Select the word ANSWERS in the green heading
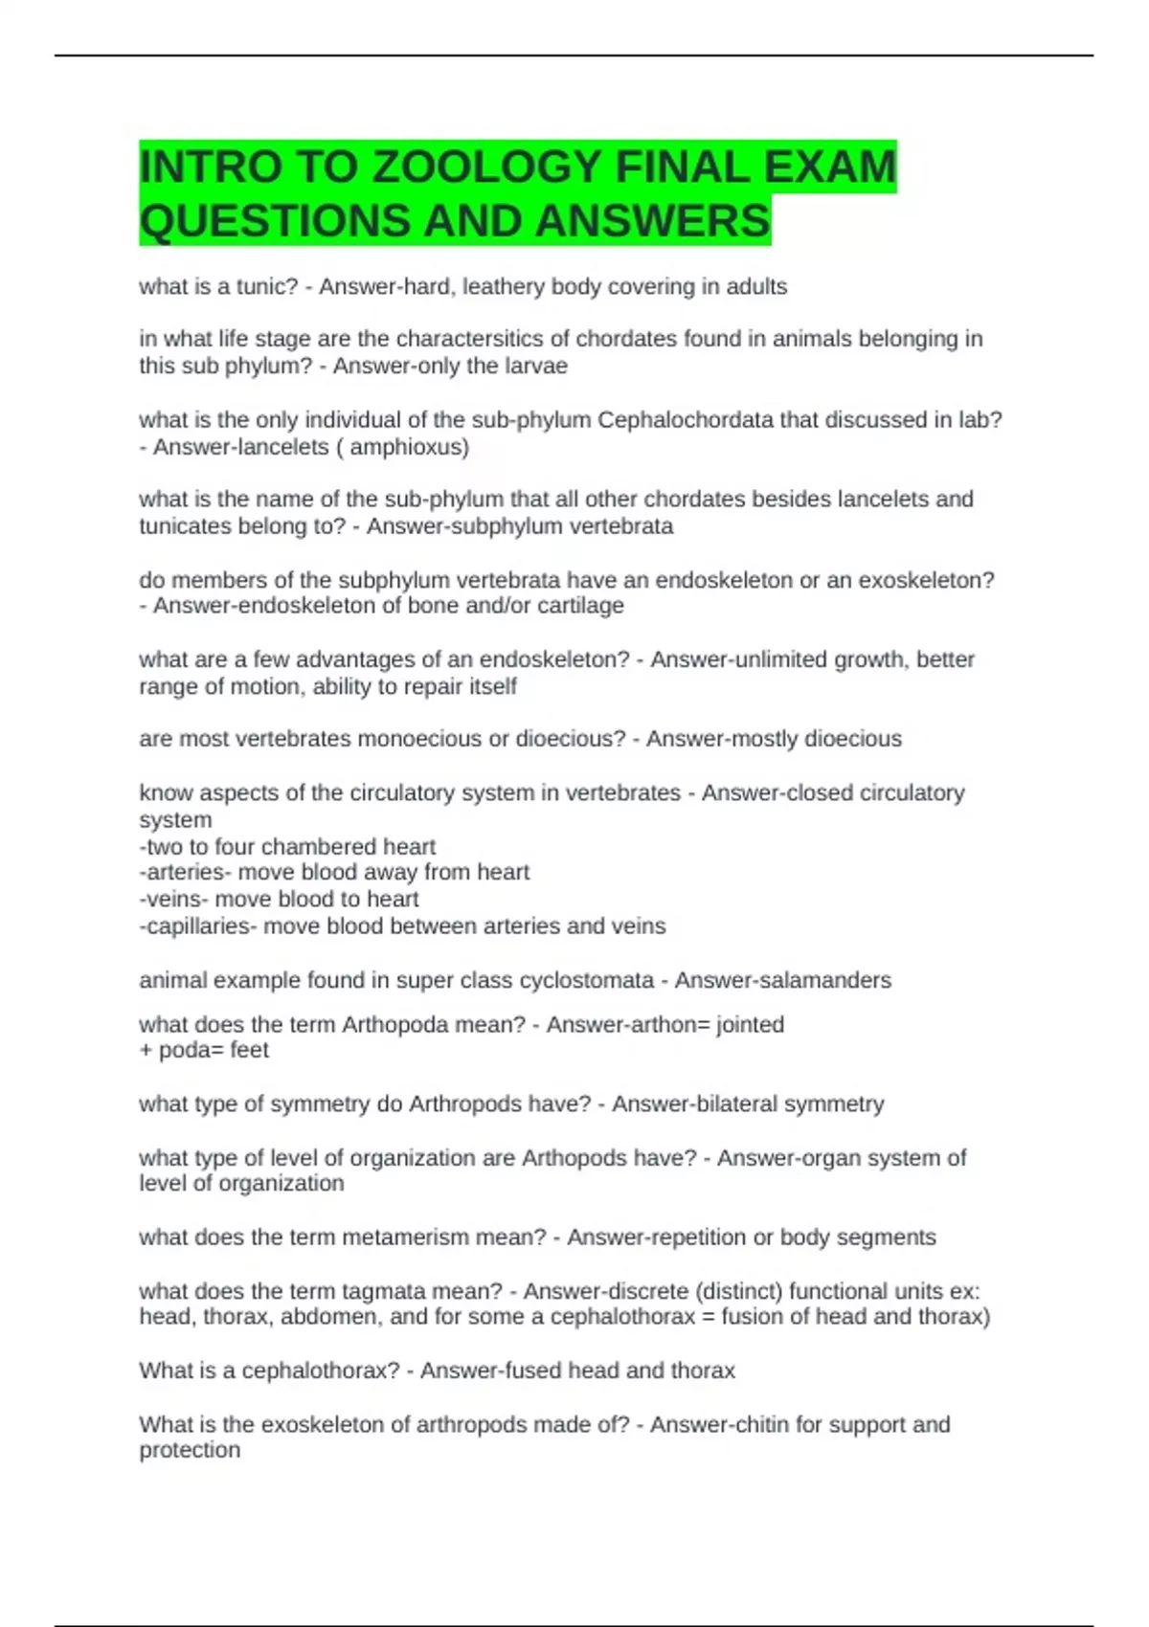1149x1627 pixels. click(653, 221)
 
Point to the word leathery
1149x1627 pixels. click(505, 286)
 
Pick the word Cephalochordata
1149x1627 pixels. click(686, 419)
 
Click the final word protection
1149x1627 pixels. click(190, 1450)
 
